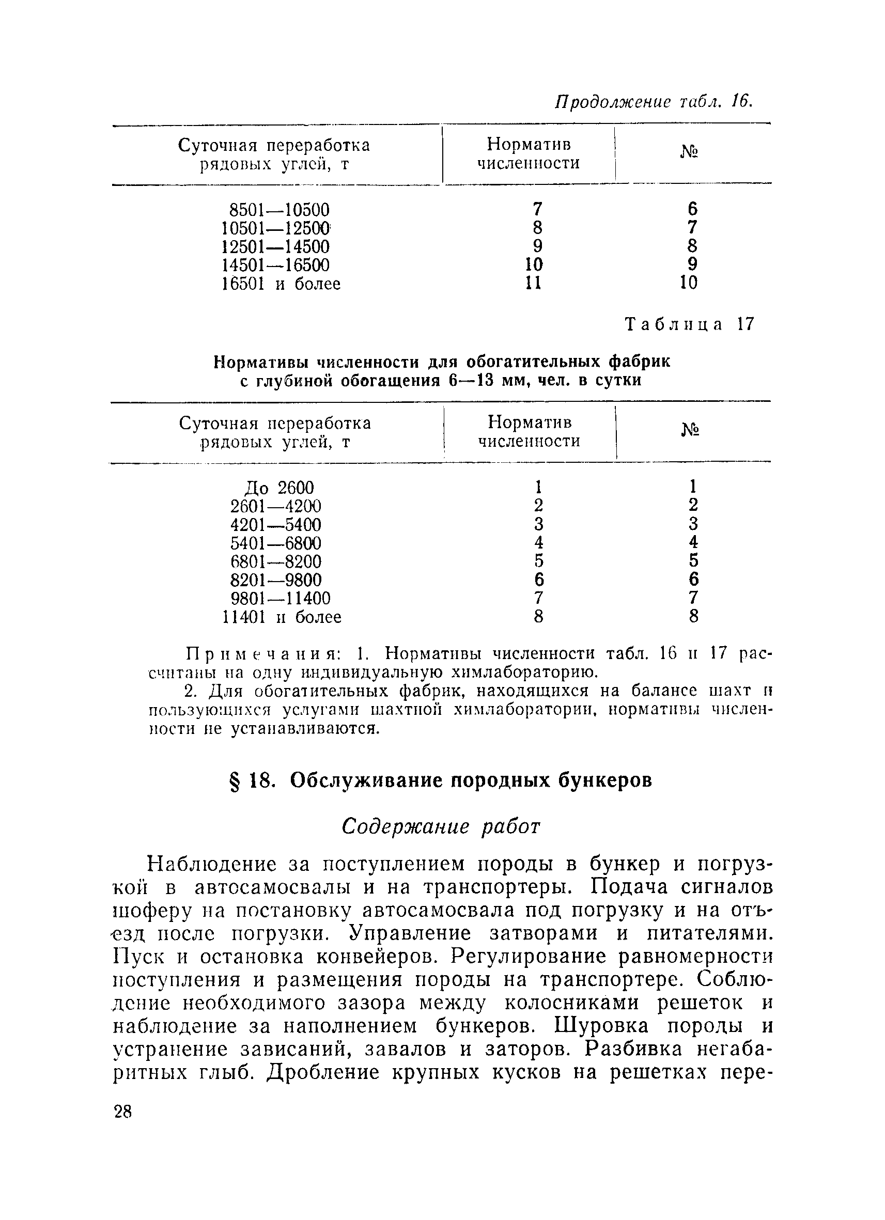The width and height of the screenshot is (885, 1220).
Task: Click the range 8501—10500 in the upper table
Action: tap(279, 210)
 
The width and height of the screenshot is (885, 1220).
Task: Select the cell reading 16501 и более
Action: tap(281, 284)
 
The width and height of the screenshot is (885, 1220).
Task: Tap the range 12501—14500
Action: tap(275, 247)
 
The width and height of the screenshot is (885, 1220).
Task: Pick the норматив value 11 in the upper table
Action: tap(533, 283)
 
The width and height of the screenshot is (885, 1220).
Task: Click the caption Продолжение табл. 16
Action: tap(653, 101)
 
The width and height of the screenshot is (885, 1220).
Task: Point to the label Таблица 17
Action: tap(690, 324)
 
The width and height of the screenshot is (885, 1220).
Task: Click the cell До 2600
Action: tap(278, 488)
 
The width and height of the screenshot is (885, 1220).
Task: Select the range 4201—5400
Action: tap(275, 524)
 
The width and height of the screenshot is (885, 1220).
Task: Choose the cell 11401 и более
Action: tap(282, 616)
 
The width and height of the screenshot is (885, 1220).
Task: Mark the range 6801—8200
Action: tap(275, 561)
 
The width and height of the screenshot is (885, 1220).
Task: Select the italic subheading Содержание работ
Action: tap(441, 826)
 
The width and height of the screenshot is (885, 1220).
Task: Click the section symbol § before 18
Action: tap(235, 780)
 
